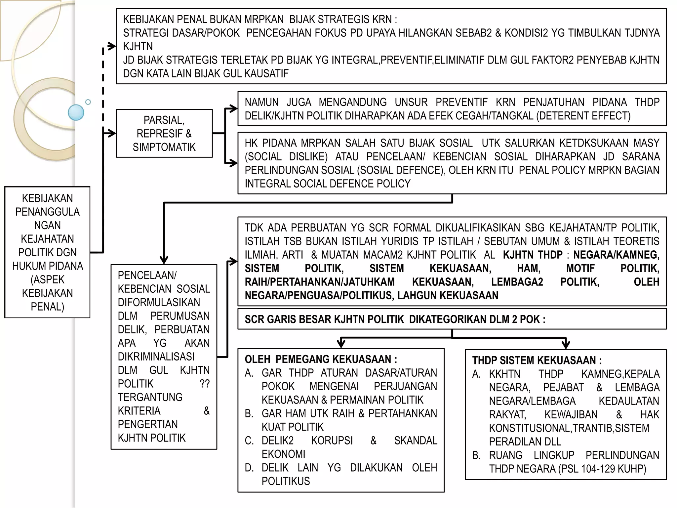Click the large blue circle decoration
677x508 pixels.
76,112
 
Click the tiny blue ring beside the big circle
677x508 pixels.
88,102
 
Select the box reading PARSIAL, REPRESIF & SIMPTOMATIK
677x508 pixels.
164,133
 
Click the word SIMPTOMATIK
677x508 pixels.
164,147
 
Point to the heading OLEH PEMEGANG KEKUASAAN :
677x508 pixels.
321,359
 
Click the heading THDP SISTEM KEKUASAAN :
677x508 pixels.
537,360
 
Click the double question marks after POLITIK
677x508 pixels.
205,384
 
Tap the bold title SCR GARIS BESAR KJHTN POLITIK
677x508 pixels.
324,319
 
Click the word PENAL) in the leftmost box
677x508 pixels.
47,307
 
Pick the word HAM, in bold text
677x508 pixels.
529,268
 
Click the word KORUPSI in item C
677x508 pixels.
332,441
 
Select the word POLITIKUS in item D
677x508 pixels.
286,481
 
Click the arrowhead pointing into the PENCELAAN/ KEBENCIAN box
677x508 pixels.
164,260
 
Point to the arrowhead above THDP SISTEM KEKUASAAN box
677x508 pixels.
566,344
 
